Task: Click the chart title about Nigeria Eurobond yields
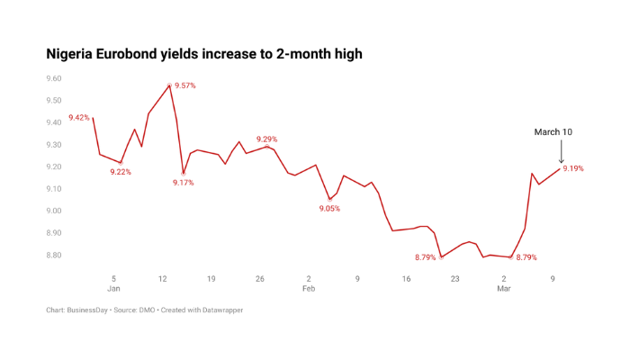pyautogui.click(x=204, y=55)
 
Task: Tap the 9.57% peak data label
pyautogui.click(x=185, y=85)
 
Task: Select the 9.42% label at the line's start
pyautogui.click(x=78, y=117)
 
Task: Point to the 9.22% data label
pyautogui.click(x=121, y=172)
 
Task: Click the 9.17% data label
pyautogui.click(x=183, y=183)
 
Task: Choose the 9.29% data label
pyautogui.click(x=266, y=139)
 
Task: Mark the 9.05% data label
pyautogui.click(x=329, y=208)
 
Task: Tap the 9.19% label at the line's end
pyautogui.click(x=573, y=168)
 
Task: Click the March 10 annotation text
pyautogui.click(x=553, y=132)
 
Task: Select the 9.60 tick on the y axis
pyautogui.click(x=53, y=78)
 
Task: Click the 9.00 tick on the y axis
pyautogui.click(x=53, y=211)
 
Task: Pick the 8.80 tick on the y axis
pyautogui.click(x=53, y=256)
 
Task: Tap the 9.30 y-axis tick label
pyautogui.click(x=53, y=145)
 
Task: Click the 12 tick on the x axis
pyautogui.click(x=162, y=279)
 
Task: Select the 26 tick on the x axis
pyautogui.click(x=259, y=279)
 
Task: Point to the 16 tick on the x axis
pyautogui.click(x=406, y=279)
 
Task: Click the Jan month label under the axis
pyautogui.click(x=113, y=290)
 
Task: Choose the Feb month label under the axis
pyautogui.click(x=309, y=290)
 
